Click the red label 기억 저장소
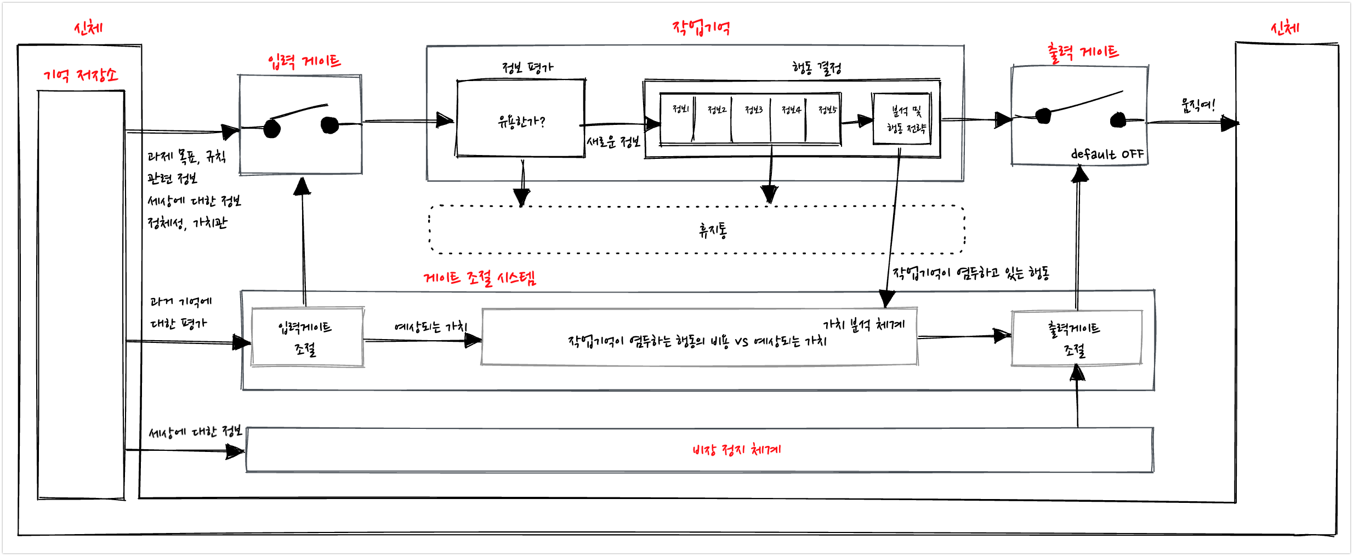point(81,75)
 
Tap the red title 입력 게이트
point(304,61)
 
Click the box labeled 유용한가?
point(521,121)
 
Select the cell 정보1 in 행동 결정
point(679,118)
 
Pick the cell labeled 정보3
point(753,118)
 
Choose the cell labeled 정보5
point(826,118)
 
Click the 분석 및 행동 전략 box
point(902,119)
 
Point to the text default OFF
point(1107,154)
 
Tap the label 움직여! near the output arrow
point(1198,105)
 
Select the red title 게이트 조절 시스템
point(480,278)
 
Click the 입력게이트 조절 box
point(306,338)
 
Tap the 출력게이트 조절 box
point(1076,339)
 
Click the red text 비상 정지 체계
point(736,450)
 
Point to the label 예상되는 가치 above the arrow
point(430,328)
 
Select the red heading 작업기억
point(701,27)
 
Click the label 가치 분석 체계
point(863,325)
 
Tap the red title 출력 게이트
point(1083,53)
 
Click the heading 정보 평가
point(528,67)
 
